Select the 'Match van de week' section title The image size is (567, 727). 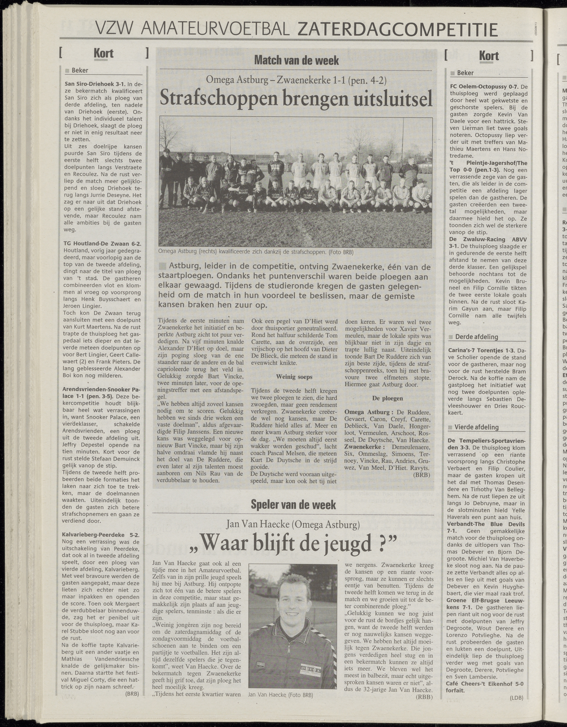tap(296, 60)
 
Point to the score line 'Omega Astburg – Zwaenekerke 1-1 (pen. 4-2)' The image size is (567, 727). tap(296, 80)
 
